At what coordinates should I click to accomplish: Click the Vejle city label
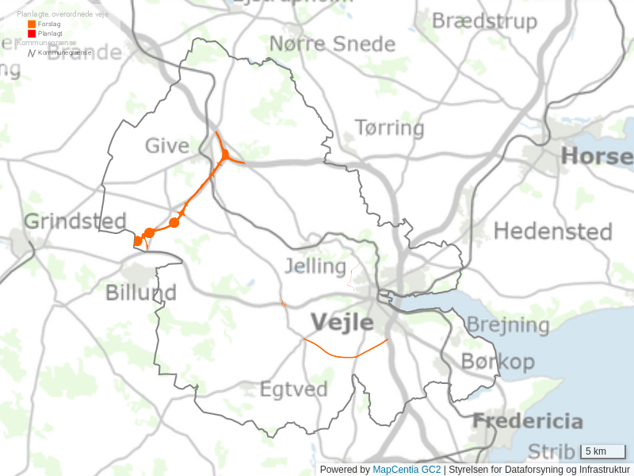tap(342, 322)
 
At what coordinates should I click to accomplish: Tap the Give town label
tap(166, 145)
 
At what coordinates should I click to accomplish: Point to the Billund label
tap(141, 293)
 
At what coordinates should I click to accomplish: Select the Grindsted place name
tap(75, 221)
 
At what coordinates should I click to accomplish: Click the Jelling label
tap(315, 266)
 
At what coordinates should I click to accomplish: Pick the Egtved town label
tap(294, 390)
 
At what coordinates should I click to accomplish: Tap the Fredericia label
tap(528, 421)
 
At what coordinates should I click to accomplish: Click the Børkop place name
tap(498, 362)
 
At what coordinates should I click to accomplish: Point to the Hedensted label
tap(553, 232)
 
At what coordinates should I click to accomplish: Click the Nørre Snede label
tap(332, 43)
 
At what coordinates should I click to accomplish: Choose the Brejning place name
tap(507, 324)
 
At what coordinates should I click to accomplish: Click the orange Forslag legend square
tap(32, 25)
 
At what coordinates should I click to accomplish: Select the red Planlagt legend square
tap(32, 33)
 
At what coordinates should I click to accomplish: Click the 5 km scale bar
tap(603, 451)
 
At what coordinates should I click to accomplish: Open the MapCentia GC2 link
tap(407, 470)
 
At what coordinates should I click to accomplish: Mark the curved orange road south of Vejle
tap(346, 355)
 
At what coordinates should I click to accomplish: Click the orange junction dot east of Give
tap(225, 154)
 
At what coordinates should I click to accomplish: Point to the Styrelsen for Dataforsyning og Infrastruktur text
tap(539, 470)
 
